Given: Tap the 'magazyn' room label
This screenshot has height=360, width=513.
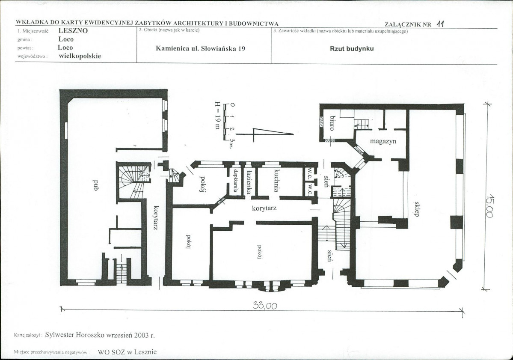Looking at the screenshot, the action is pos(383,141).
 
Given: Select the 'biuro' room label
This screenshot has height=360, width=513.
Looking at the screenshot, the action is pos(332,123).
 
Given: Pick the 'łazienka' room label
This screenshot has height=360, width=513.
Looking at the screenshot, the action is pos(249,181).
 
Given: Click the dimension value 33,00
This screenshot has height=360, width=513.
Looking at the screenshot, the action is pos(265,306).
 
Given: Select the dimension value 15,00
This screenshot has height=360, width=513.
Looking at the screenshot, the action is pos(490,205).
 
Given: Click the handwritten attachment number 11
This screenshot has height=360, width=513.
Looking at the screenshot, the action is pos(440,24).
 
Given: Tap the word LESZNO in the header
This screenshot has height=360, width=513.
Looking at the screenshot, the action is pos(73,31).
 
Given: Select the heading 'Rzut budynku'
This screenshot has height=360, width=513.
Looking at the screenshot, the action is pos(352,49).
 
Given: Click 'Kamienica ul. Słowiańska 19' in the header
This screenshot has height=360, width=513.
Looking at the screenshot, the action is pos(201,49).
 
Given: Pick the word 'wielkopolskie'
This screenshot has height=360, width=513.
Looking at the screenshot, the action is pos(80,56).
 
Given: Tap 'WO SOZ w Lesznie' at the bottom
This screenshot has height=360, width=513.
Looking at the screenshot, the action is pos(127,352).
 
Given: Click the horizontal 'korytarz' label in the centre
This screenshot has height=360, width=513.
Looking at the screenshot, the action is pos(264,208).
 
